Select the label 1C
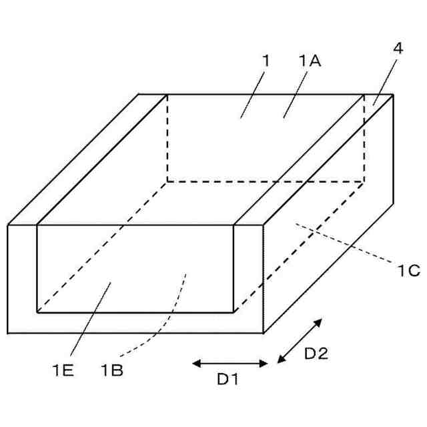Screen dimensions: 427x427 coord(408,270)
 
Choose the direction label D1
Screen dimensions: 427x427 coord(228,380)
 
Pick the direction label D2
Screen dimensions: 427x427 coord(316,355)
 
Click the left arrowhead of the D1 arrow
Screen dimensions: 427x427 coord(195,364)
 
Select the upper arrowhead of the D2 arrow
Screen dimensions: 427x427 coord(319,322)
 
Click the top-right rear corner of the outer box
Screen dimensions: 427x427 coord(393,94)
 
